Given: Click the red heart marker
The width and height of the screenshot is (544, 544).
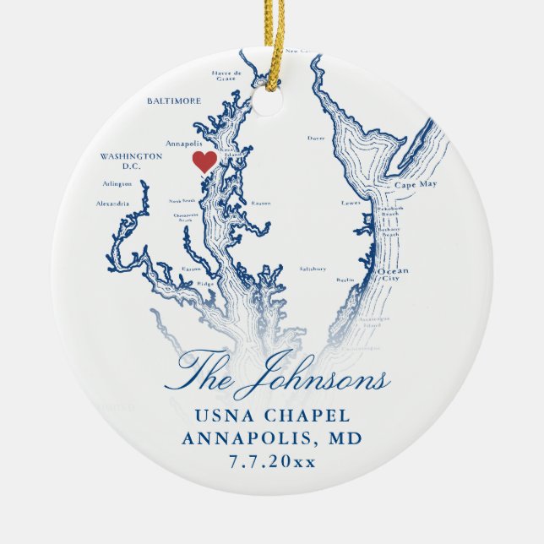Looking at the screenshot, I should pos(204,160).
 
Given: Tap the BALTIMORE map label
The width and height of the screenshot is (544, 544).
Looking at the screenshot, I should pos(173,101).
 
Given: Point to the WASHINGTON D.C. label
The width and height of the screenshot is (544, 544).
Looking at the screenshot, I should pos(131,160).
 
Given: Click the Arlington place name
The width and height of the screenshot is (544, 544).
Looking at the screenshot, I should pos(117,183).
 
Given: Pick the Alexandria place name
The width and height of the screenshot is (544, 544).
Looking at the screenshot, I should pos(112,204).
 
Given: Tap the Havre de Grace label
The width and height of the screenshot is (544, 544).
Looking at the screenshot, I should pos(227,76).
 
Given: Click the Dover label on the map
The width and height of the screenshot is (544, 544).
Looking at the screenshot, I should pos(316,137).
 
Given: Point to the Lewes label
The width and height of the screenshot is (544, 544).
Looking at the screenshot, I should pos(351,203).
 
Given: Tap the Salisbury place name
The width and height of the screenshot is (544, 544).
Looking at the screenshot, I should pos(313,269).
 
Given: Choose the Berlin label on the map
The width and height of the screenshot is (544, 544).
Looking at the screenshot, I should pos(344,279).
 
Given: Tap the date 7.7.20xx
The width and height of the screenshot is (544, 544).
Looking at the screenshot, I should pos(271,461).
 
